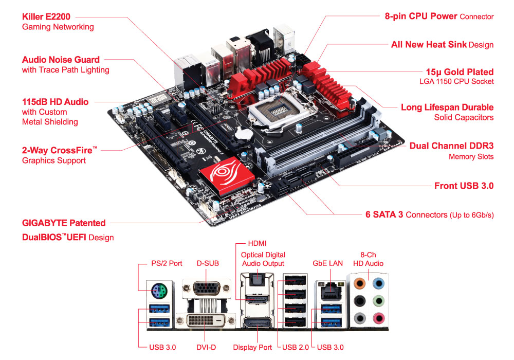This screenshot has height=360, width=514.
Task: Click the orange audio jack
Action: [360, 282]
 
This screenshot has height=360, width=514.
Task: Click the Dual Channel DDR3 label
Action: [451, 146]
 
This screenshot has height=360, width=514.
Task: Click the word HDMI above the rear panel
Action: [258, 243]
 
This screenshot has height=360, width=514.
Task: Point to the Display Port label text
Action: [252, 347]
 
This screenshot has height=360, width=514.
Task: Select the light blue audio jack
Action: [378, 282]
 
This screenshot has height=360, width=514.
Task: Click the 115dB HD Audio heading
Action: [55, 102]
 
